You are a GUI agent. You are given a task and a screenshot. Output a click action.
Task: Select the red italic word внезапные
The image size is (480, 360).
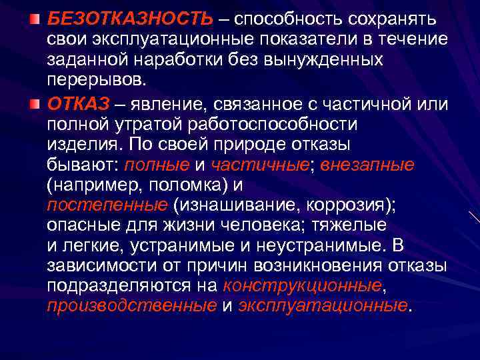pyautogui.click(x=368, y=164)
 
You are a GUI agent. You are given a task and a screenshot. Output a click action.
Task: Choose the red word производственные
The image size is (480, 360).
pyautogui.click(x=132, y=306)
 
